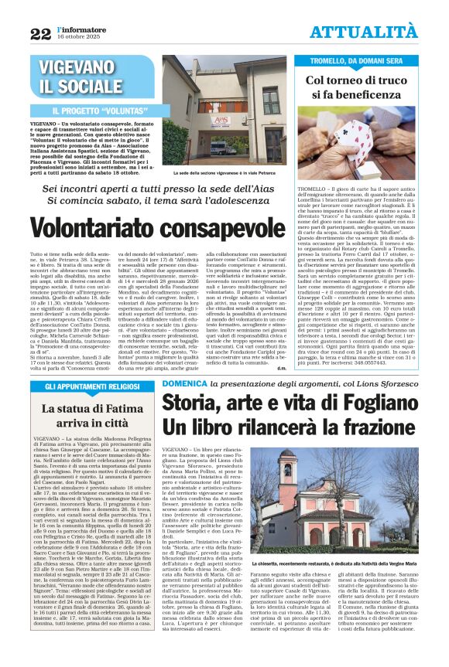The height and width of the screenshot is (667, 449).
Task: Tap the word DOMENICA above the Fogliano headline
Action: [x=183, y=384]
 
